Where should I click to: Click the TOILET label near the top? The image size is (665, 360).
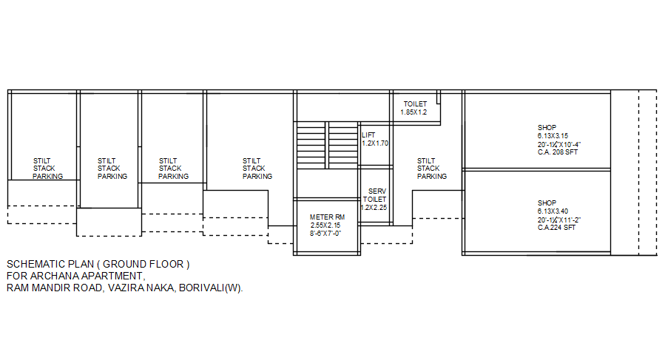pos(415,104)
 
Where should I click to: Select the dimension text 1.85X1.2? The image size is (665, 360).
pos(414,112)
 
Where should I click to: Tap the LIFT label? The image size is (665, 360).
pos(368,135)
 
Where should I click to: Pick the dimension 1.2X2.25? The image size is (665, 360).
pos(374,208)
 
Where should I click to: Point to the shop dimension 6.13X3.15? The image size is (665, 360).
pos(553,136)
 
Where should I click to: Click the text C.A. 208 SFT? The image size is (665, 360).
pos(558,152)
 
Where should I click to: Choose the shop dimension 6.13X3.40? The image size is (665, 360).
pos(553,211)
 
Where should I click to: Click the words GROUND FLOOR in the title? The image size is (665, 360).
pos(146,264)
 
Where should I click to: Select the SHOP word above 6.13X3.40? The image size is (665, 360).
pos(547,203)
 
